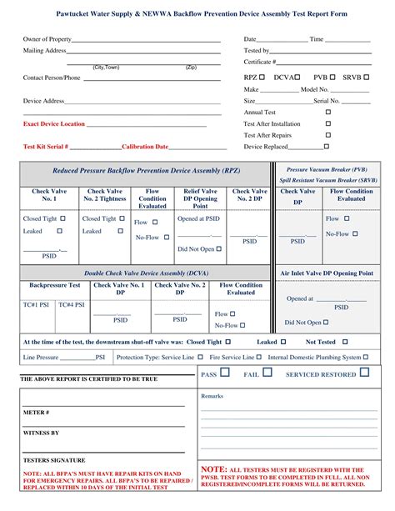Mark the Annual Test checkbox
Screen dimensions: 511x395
[327, 112]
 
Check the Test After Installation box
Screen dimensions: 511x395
[327, 123]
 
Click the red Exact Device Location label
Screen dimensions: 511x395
[54, 123]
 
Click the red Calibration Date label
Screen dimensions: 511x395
[145, 147]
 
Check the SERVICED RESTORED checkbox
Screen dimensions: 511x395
[364, 373]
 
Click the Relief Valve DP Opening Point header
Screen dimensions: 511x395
[200, 199]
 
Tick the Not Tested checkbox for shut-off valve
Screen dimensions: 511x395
[343, 342]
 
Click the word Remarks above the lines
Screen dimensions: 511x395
[212, 395]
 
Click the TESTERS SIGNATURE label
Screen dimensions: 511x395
[54, 460]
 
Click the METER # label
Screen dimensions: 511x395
[36, 413]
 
